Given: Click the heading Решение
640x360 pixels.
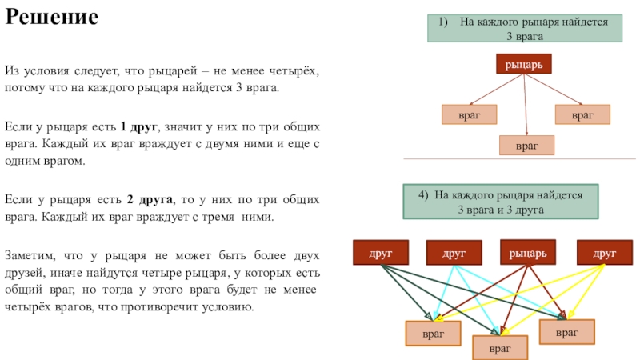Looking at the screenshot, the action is click(52, 17).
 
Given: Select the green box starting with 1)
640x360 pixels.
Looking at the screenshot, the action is click(525, 28).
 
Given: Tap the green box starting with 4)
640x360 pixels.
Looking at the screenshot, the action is click(501, 202).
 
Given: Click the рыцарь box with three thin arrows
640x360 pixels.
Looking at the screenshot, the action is click(524, 64).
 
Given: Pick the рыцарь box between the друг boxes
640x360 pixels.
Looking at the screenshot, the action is click(528, 253).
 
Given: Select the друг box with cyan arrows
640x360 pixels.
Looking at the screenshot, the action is click(454, 253).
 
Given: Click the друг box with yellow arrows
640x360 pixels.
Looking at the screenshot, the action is click(605, 253).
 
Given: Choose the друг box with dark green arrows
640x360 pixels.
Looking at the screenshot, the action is click(381, 253).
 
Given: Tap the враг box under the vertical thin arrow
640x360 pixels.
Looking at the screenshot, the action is click(527, 146).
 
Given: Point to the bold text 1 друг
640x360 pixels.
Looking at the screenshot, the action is click(138, 127).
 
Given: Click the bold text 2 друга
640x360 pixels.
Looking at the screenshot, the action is click(150, 199).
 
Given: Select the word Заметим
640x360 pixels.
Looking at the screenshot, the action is click(30, 255).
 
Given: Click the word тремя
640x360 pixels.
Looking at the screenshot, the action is click(218, 217).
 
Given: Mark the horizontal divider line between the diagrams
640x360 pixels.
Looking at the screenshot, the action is click(519, 158).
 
